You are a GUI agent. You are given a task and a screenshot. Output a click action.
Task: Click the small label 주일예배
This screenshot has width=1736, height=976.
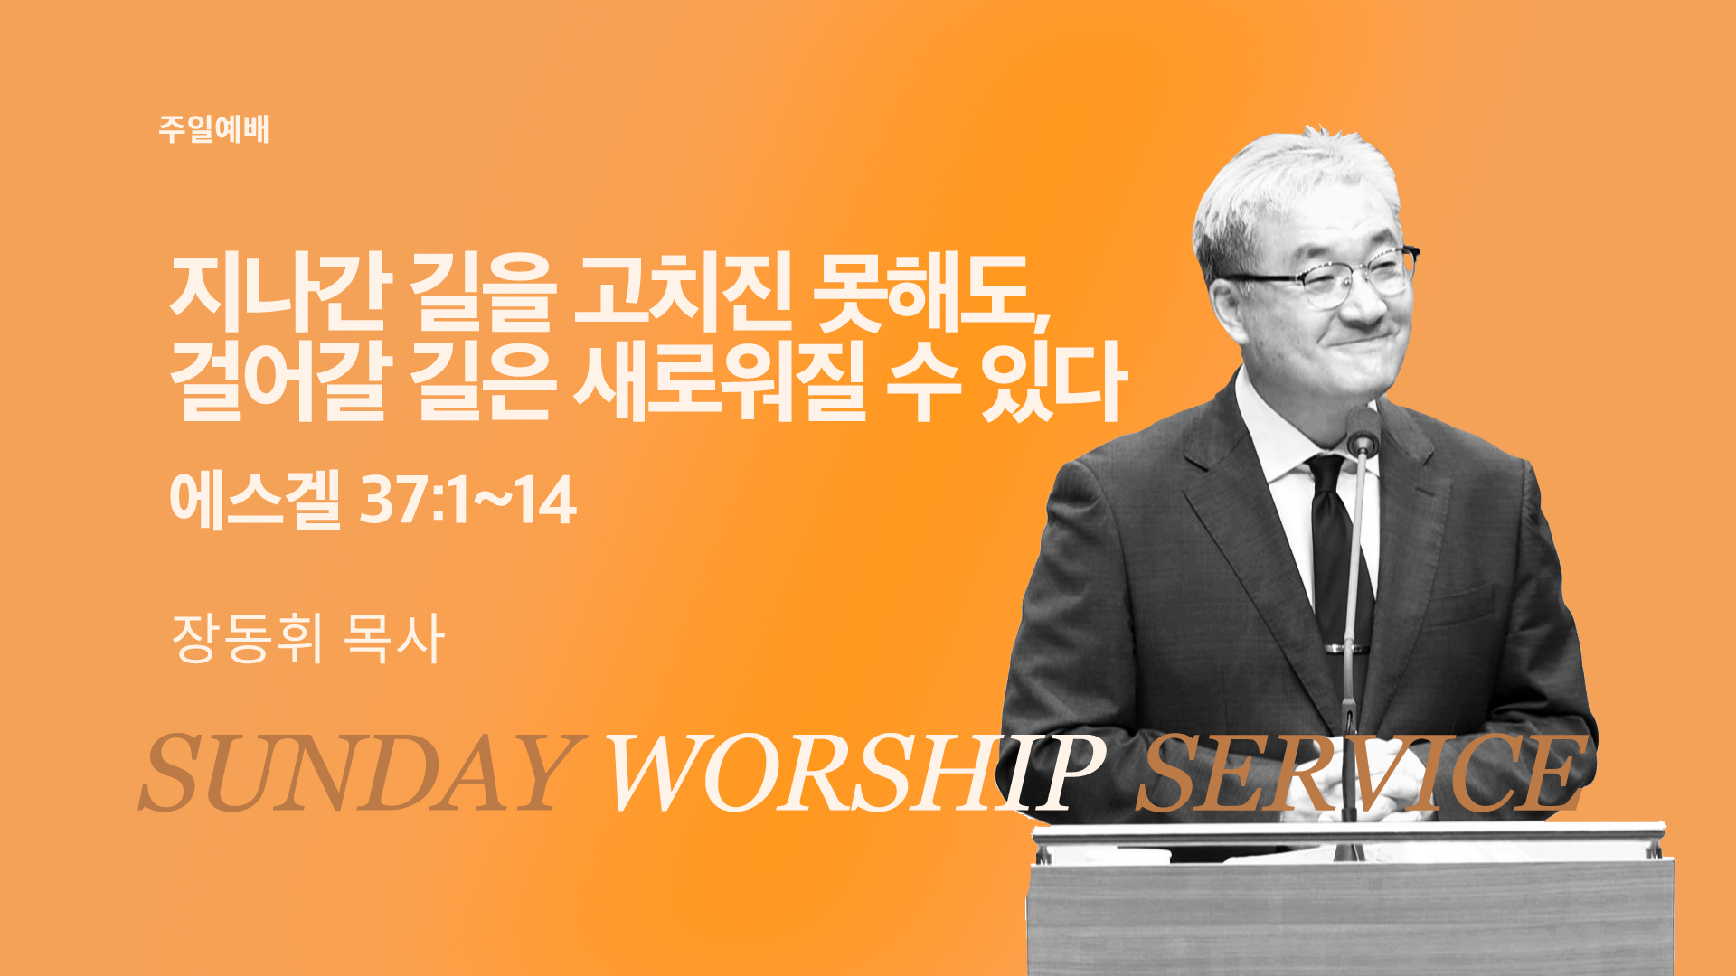pos(213,129)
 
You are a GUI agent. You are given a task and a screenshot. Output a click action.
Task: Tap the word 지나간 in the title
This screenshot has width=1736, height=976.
pos(280,294)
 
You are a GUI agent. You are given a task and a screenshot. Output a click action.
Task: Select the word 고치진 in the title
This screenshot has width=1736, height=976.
pos(683,294)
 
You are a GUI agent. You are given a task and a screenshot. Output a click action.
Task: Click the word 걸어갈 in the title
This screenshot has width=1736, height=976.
pos(280,382)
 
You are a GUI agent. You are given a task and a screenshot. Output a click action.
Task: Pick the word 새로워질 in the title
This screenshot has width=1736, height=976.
pos(719,382)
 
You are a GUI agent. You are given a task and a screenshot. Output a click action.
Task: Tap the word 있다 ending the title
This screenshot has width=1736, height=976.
pos(1053,382)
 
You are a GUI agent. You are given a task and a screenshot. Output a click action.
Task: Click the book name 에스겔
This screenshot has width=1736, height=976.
pos(255,500)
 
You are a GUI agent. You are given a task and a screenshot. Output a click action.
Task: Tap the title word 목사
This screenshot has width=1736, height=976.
pos(394,638)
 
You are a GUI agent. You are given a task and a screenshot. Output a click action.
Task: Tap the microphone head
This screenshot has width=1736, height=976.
pos(1363,431)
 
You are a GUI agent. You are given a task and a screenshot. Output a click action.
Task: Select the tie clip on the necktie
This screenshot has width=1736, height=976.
pos(1345,648)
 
